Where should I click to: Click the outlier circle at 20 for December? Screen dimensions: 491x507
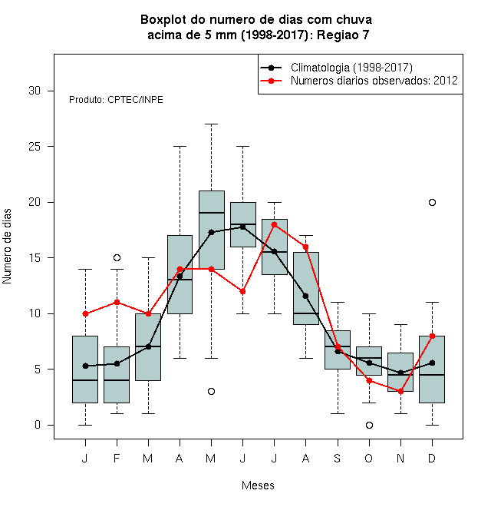(x=432, y=202)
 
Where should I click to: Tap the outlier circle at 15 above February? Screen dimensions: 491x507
(x=117, y=257)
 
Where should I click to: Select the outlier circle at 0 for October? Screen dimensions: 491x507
(x=369, y=426)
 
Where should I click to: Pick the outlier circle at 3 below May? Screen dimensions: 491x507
(x=211, y=392)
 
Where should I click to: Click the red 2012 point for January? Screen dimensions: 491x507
(x=85, y=313)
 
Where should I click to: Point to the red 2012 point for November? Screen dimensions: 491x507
(x=400, y=392)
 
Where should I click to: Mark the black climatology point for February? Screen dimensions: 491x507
(x=117, y=364)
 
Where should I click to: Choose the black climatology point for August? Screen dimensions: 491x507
(x=305, y=296)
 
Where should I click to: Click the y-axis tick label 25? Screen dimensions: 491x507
(x=35, y=147)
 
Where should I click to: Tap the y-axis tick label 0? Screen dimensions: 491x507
(x=38, y=425)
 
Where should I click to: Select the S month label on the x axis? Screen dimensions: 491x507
(x=338, y=458)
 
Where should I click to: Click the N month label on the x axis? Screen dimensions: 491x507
(x=400, y=458)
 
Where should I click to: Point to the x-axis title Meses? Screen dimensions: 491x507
(x=258, y=485)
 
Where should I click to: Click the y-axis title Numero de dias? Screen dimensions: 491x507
(x=7, y=247)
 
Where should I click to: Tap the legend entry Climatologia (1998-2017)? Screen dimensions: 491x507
(x=351, y=68)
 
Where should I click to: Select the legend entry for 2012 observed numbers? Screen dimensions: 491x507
(x=374, y=81)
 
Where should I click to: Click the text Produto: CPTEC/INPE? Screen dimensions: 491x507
(x=116, y=100)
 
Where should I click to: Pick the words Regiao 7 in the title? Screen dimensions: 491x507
(x=343, y=35)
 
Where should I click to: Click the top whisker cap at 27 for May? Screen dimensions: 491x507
(x=211, y=124)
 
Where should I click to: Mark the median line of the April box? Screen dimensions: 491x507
(x=180, y=280)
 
